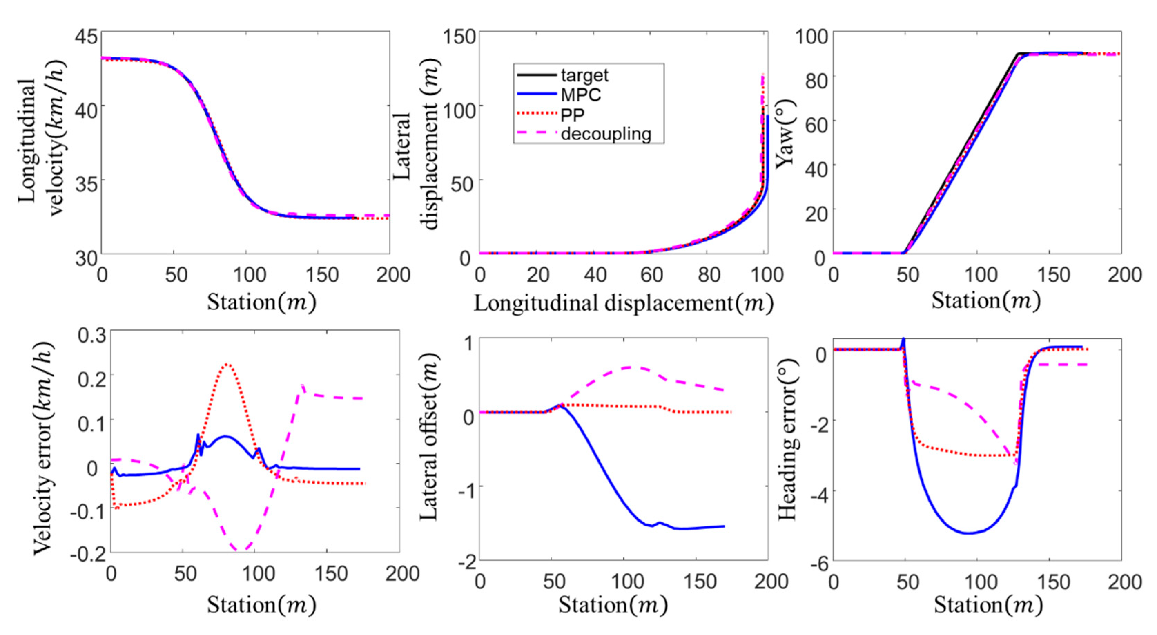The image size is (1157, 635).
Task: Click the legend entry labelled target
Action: tap(584, 76)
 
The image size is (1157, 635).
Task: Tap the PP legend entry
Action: tap(572, 115)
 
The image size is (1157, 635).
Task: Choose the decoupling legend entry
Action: tap(605, 134)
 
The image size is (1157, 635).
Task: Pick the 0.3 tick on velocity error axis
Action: tap(92, 336)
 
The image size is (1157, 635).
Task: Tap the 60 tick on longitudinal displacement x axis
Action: tap(652, 274)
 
